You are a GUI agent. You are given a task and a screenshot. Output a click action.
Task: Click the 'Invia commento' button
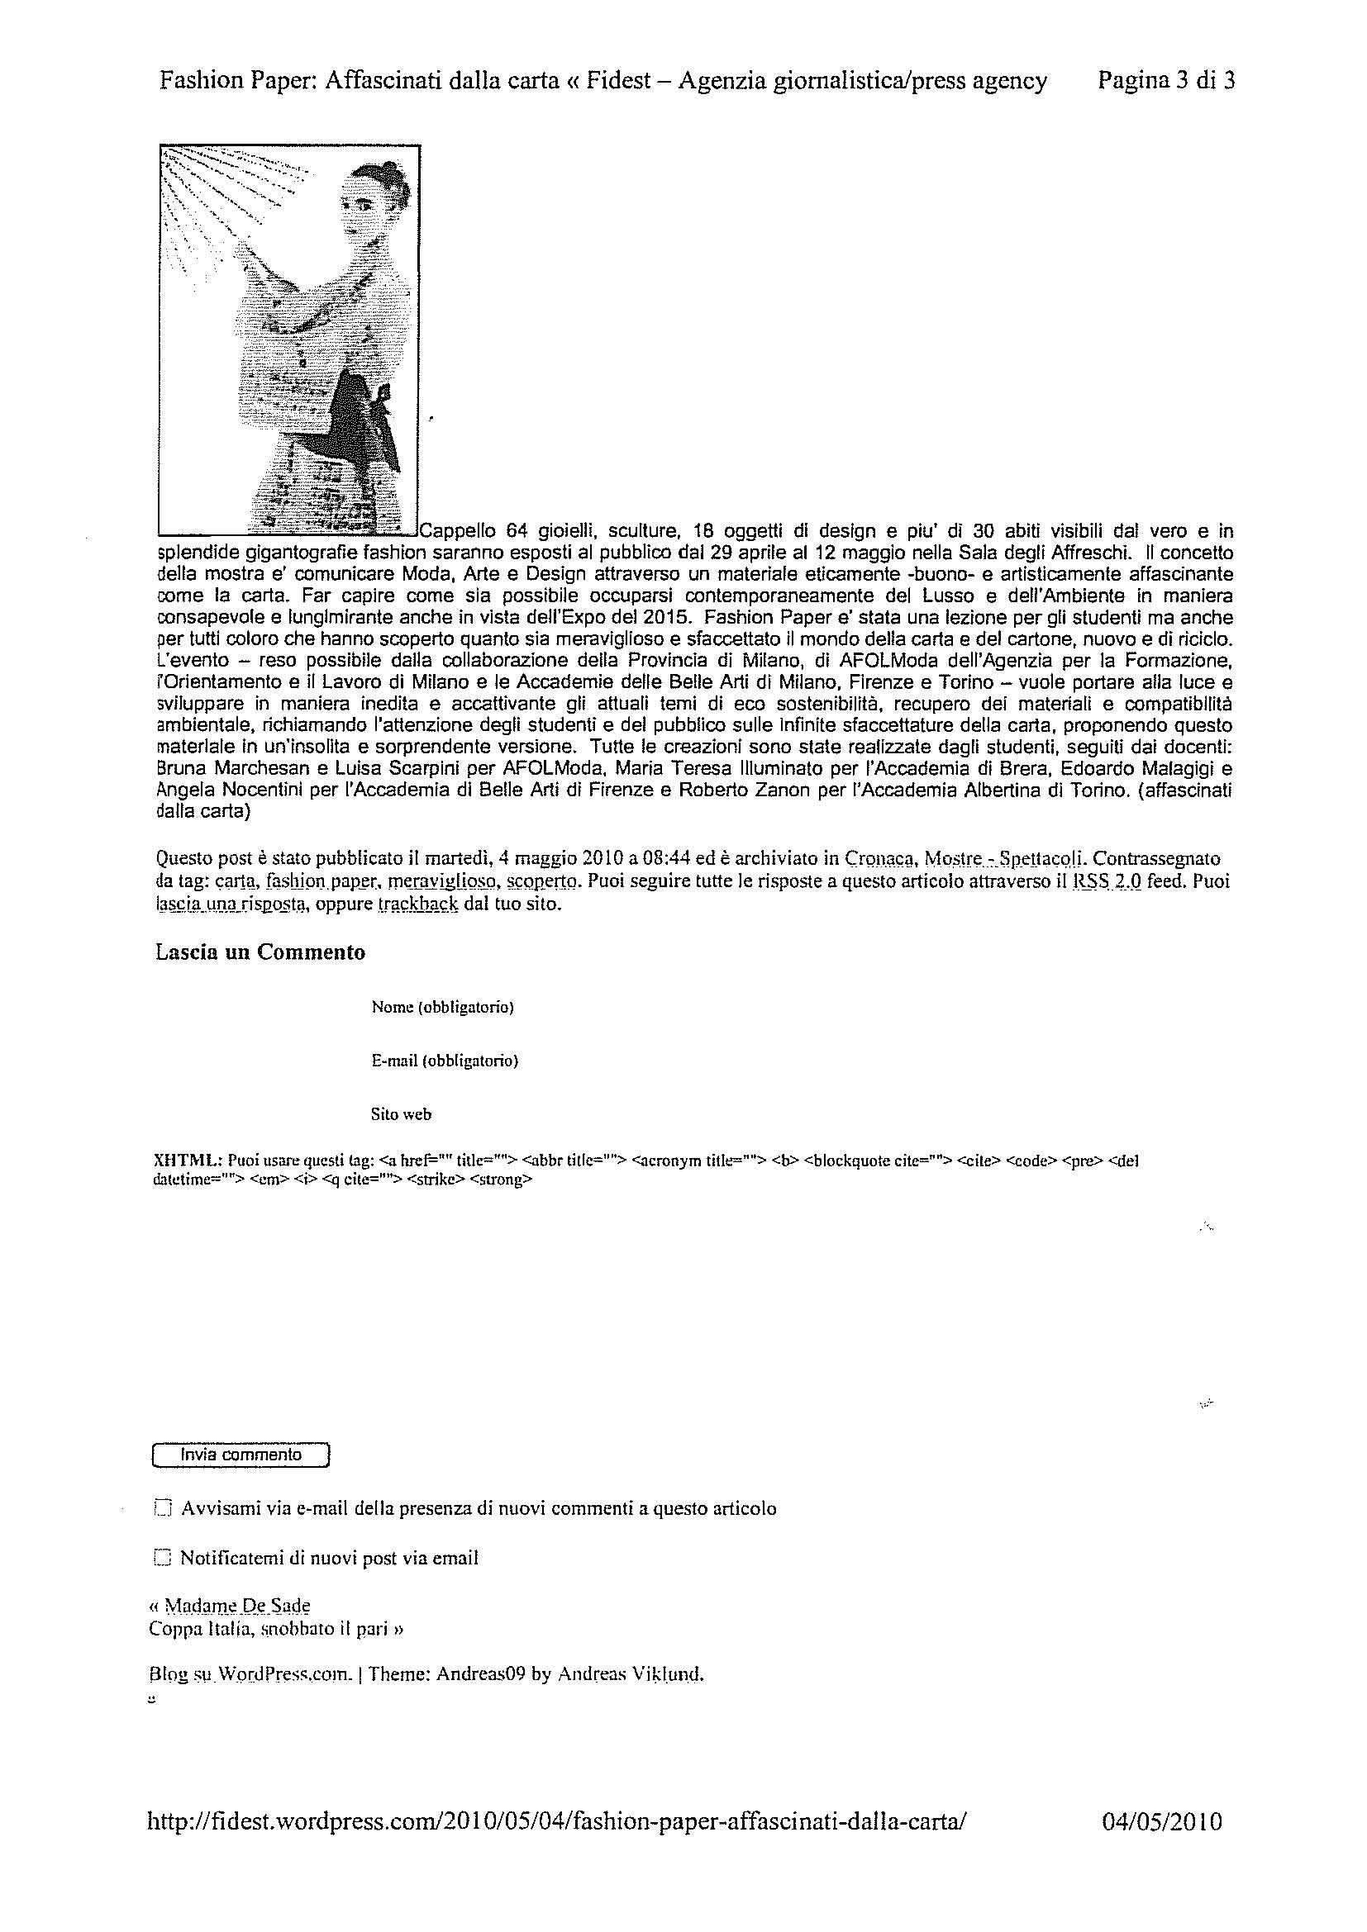[241, 1455]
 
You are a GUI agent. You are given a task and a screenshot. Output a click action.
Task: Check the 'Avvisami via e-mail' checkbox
[164, 1509]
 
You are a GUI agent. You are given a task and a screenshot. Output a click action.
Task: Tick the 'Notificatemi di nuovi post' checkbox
[163, 1558]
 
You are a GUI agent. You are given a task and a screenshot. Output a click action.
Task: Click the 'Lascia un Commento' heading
[261, 952]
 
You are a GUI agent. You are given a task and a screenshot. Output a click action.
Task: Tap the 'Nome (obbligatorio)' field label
[443, 1006]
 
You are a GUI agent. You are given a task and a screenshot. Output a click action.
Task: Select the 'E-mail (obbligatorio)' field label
[445, 1061]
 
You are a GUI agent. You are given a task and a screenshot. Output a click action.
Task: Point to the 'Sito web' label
[401, 1114]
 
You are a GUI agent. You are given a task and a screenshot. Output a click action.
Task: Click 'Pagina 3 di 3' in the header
[1167, 81]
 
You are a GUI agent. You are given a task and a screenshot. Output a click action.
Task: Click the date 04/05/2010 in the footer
[1161, 1822]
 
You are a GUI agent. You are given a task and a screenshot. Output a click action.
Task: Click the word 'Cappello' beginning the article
[457, 531]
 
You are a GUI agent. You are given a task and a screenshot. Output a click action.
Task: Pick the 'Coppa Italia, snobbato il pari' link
[274, 1628]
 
